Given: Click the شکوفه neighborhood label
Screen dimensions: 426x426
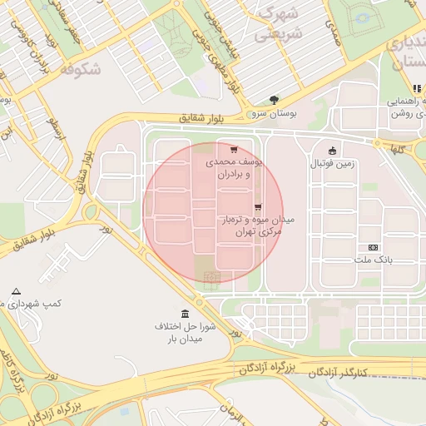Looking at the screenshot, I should [x=81, y=70].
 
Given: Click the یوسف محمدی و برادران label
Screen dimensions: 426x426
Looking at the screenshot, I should [x=235, y=169].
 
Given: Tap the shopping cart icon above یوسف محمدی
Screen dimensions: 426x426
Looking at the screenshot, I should [x=234, y=150].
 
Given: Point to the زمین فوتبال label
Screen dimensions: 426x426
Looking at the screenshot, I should [x=332, y=164].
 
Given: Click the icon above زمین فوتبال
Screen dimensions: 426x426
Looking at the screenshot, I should [x=333, y=151].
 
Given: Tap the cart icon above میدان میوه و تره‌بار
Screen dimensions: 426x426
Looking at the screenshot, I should [x=256, y=206].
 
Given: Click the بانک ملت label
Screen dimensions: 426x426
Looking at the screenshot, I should [x=374, y=260].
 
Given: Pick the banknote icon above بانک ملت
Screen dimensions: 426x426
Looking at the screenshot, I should [x=373, y=247].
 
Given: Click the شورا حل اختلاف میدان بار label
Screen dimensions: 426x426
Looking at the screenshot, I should [x=184, y=332].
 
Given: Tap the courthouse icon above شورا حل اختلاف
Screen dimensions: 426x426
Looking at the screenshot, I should [x=184, y=313].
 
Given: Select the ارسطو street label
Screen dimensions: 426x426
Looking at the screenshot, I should [x=55, y=129].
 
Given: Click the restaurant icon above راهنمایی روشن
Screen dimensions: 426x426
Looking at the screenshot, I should [x=417, y=88].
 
